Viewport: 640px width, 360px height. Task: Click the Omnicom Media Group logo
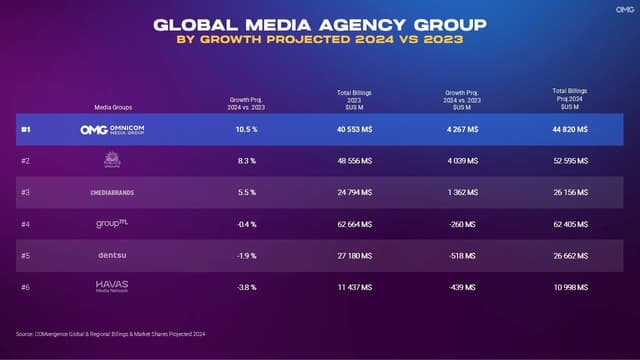[118, 130]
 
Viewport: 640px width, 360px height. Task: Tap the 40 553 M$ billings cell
[355, 130]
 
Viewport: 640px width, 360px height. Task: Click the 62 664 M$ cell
[355, 224]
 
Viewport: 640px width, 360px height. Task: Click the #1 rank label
[26, 130]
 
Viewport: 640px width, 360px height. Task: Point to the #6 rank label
[26, 287]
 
